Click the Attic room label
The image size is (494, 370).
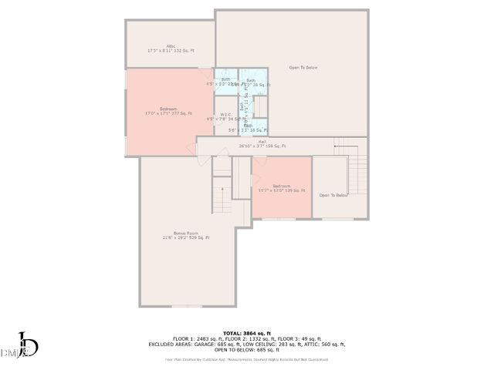click(x=171, y=45)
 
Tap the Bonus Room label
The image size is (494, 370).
click(x=186, y=232)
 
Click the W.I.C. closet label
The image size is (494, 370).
click(x=225, y=115)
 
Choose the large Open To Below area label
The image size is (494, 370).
click(x=303, y=68)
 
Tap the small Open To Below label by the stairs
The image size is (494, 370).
click(x=333, y=195)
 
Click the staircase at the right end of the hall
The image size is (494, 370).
click(x=357, y=170)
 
